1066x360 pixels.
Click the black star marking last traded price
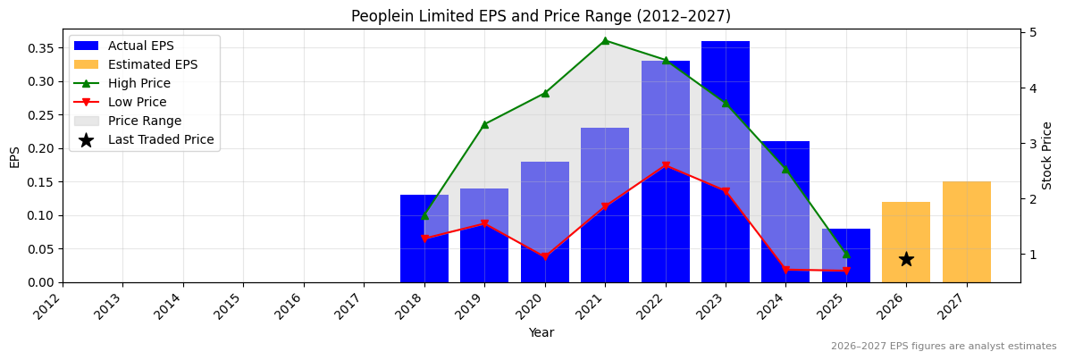point(906,259)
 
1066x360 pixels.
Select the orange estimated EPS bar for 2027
point(966,232)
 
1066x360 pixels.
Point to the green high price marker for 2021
point(605,40)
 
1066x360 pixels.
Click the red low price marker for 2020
point(545,257)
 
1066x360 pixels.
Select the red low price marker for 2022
point(666,165)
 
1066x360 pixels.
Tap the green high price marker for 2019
point(484,124)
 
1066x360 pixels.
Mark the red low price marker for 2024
point(785,270)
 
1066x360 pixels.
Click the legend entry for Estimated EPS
point(152,64)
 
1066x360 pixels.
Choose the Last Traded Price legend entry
point(161,139)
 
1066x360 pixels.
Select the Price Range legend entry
point(144,121)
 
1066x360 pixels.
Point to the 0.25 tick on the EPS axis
point(40,114)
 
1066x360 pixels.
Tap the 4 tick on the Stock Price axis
point(1031,88)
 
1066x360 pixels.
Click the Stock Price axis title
point(1047,155)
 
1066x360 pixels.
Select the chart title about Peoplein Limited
point(541,16)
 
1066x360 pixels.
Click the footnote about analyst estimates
point(944,347)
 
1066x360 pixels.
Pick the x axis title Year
point(541,333)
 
